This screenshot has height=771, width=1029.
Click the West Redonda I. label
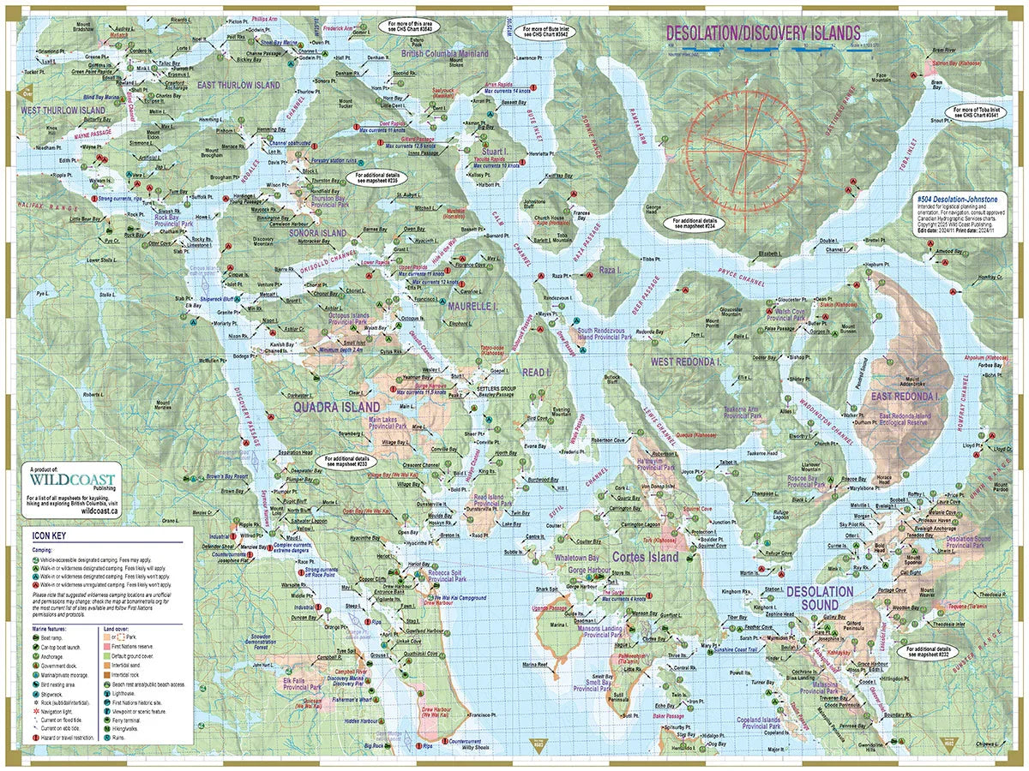686,362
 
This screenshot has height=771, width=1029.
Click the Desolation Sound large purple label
820,597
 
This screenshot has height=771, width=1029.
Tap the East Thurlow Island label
238,86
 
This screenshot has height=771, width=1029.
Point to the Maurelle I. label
468,305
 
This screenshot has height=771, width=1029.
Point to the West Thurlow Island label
62,111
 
